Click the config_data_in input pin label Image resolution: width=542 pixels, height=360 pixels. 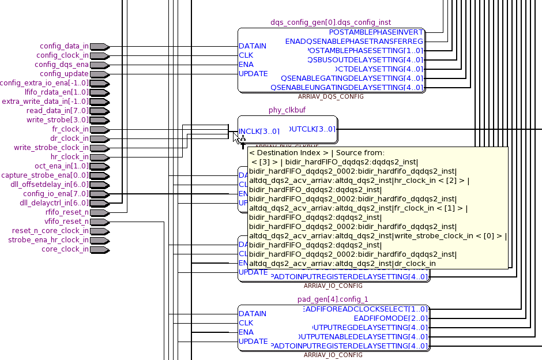click(x=65, y=46)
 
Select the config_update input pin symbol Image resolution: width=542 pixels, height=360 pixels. click(x=99, y=74)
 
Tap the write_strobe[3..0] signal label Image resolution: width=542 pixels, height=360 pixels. click(x=58, y=120)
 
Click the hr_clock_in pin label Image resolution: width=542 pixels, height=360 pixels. click(x=70, y=157)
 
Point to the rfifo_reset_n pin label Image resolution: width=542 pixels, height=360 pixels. click(x=68, y=212)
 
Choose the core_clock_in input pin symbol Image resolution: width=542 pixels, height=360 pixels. click(x=99, y=249)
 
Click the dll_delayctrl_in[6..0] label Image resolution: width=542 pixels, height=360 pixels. click(x=54, y=203)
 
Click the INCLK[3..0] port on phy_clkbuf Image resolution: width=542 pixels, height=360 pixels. click(x=259, y=132)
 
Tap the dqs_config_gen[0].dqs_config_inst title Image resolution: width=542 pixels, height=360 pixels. click(x=330, y=22)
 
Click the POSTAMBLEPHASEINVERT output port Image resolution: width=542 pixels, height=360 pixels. click(x=376, y=32)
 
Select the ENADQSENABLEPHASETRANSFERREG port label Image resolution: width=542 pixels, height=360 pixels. click(x=354, y=42)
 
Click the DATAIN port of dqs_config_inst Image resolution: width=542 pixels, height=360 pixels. click(x=253, y=46)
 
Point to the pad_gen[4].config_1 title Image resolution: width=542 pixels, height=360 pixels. click(x=333, y=299)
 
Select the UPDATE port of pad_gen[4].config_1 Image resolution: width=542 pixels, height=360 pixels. click(x=253, y=342)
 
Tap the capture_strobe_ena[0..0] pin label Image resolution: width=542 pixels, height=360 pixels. click(x=45, y=175)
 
